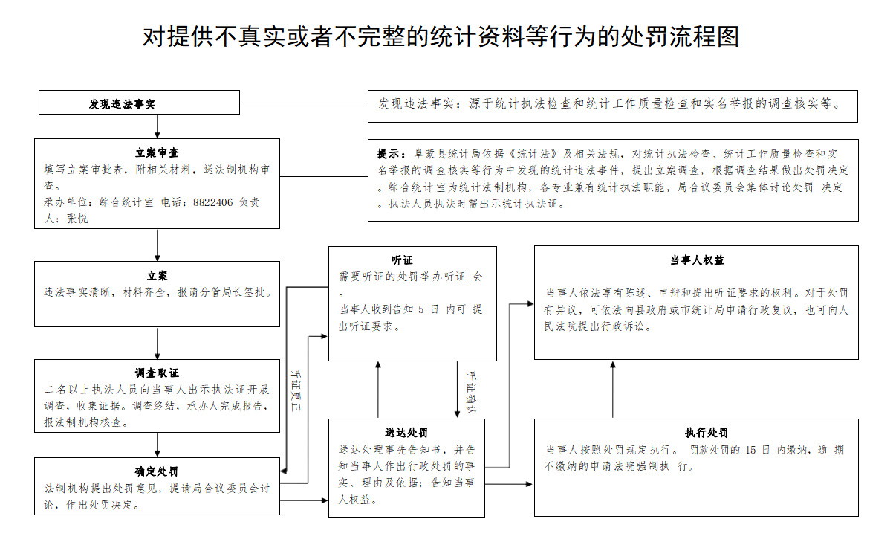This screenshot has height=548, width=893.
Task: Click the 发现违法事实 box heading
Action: tap(123, 104)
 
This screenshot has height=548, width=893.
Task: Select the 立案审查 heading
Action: tap(157, 152)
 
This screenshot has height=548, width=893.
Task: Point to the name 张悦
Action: tap(77, 219)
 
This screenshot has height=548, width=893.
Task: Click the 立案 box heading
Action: tap(157, 276)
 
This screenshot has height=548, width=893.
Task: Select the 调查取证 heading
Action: tap(157, 373)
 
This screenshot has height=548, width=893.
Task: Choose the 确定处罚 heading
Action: tap(157, 472)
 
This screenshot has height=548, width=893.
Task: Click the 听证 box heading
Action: tap(402, 260)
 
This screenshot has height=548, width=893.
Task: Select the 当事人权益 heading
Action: tap(696, 260)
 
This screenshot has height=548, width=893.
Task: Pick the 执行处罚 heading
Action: tap(696, 433)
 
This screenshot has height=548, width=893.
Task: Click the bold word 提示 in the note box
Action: tap(389, 155)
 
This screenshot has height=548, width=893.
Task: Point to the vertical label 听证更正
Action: tap(297, 390)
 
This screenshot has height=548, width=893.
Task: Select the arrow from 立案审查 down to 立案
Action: tap(158, 245)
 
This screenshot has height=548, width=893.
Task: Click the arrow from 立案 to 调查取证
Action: tap(158, 343)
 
